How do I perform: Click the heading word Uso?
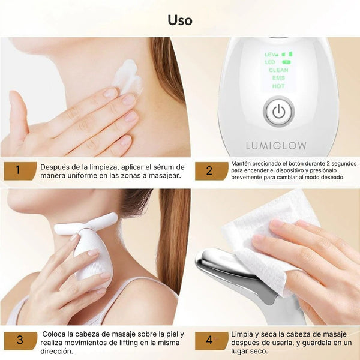[x=180, y=20]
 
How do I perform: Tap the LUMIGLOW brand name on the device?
[x=276, y=146]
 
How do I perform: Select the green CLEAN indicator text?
[x=278, y=70]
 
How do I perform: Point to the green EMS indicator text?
[x=278, y=78]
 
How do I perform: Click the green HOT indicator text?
[x=278, y=86]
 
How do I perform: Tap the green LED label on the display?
[x=270, y=62]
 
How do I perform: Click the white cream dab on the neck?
[x=127, y=77]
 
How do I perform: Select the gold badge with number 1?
[x=20, y=171]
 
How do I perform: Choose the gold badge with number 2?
[x=211, y=171]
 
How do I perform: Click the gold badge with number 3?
[x=20, y=340]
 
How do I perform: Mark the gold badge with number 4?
[x=211, y=340]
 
